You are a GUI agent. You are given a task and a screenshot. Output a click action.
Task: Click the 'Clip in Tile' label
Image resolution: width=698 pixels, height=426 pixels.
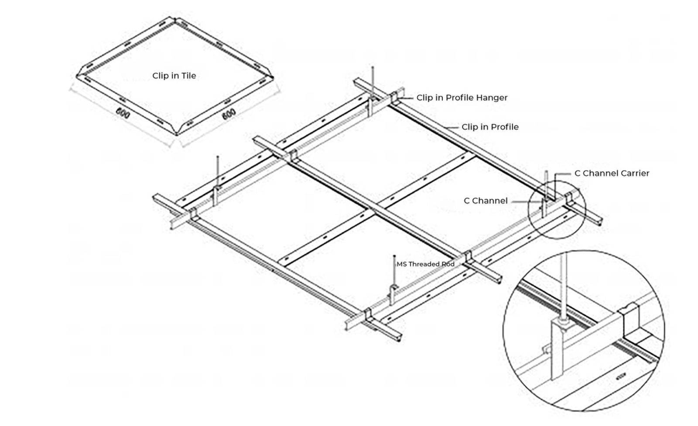(x=174, y=76)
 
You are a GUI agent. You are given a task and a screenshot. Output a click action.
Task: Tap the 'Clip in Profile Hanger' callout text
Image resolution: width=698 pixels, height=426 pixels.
(x=462, y=98)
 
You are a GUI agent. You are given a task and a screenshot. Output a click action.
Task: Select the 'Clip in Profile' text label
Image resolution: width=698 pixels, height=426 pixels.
(x=490, y=127)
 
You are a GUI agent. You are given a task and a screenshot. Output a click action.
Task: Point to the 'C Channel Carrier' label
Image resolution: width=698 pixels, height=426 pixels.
(x=612, y=173)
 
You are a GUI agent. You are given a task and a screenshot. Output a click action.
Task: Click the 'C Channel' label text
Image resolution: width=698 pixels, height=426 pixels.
(x=486, y=201)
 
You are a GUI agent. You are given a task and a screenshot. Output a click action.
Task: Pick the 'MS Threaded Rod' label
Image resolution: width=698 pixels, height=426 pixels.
(x=425, y=264)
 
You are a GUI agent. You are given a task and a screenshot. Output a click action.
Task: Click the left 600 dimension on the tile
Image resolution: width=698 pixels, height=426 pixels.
(x=123, y=112)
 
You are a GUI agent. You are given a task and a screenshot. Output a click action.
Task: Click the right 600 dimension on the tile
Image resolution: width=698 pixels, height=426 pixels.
(x=229, y=114)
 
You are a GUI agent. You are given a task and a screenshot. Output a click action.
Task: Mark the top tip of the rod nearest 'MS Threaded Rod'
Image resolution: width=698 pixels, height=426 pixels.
(x=394, y=256)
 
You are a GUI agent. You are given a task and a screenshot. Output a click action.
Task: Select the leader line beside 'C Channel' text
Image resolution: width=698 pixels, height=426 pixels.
(x=526, y=201)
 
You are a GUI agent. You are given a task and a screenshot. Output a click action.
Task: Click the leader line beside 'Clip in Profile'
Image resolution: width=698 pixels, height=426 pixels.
(x=453, y=127)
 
